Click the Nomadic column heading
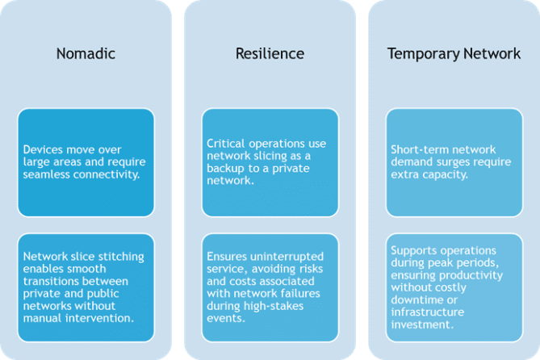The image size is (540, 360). [86, 54]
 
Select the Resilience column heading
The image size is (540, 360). [270, 54]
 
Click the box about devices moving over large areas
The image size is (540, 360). [86, 162]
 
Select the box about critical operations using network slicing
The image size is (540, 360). [270, 162]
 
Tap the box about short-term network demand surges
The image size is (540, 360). [454, 162]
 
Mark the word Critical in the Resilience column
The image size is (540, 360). [225, 144]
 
